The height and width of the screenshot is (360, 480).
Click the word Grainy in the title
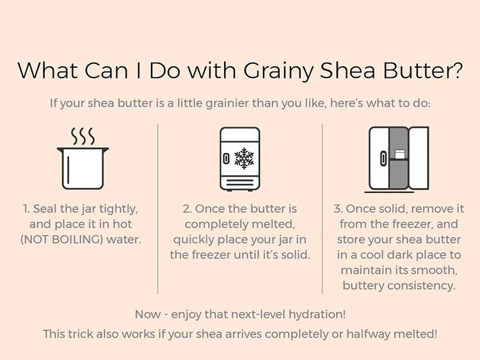point(278,71)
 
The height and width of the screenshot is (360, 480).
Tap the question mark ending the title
point(456,70)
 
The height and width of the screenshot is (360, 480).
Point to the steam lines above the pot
point(83,136)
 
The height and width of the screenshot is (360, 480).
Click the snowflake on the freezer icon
point(244,159)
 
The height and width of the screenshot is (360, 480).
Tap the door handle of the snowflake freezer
point(226,159)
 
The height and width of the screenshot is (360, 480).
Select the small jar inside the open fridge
point(399,154)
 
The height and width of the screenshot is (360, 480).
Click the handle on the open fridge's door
point(383,159)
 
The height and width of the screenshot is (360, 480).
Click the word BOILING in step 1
point(77,240)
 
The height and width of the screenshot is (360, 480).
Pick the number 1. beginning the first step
point(27,209)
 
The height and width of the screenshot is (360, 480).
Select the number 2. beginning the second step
point(188,209)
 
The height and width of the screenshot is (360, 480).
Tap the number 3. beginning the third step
point(339,209)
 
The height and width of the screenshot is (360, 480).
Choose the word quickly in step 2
point(193,240)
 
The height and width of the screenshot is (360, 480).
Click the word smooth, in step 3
point(434,270)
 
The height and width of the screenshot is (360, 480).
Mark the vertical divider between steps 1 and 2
point(158,208)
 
